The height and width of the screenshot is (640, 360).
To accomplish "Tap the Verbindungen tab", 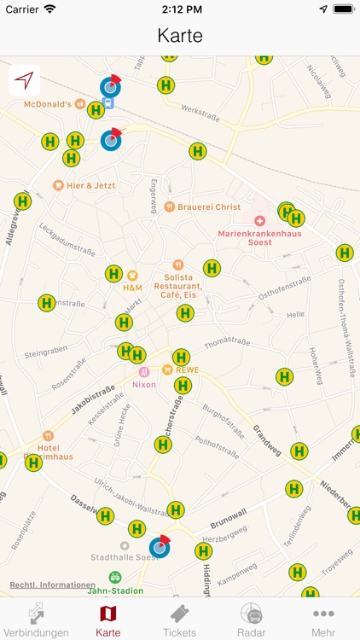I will coord(35,620).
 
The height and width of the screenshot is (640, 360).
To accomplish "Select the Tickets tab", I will coord(179,620).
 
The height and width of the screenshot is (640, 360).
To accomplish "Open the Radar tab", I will coord(251,620).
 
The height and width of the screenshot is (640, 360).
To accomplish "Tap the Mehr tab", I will coord(323,620).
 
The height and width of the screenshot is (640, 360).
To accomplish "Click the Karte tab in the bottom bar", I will coord(107,620).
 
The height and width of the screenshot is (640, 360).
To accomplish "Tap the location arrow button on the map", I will coord(25,81).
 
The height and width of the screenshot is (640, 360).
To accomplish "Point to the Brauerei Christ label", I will coord(209,207).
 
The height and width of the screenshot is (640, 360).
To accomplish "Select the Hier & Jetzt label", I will coord(90,185).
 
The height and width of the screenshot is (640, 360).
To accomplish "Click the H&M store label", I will coord(132,288).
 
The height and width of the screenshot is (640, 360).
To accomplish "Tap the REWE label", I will coord(186,369).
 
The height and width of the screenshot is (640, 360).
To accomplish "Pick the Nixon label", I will coord(143,384).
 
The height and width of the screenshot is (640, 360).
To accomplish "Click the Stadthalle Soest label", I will coord(125,557).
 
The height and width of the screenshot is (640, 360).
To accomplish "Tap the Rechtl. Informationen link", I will coord(52,585).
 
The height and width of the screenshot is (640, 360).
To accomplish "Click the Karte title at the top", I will coord(180,36).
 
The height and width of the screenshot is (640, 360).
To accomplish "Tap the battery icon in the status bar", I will coord(343,9).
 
